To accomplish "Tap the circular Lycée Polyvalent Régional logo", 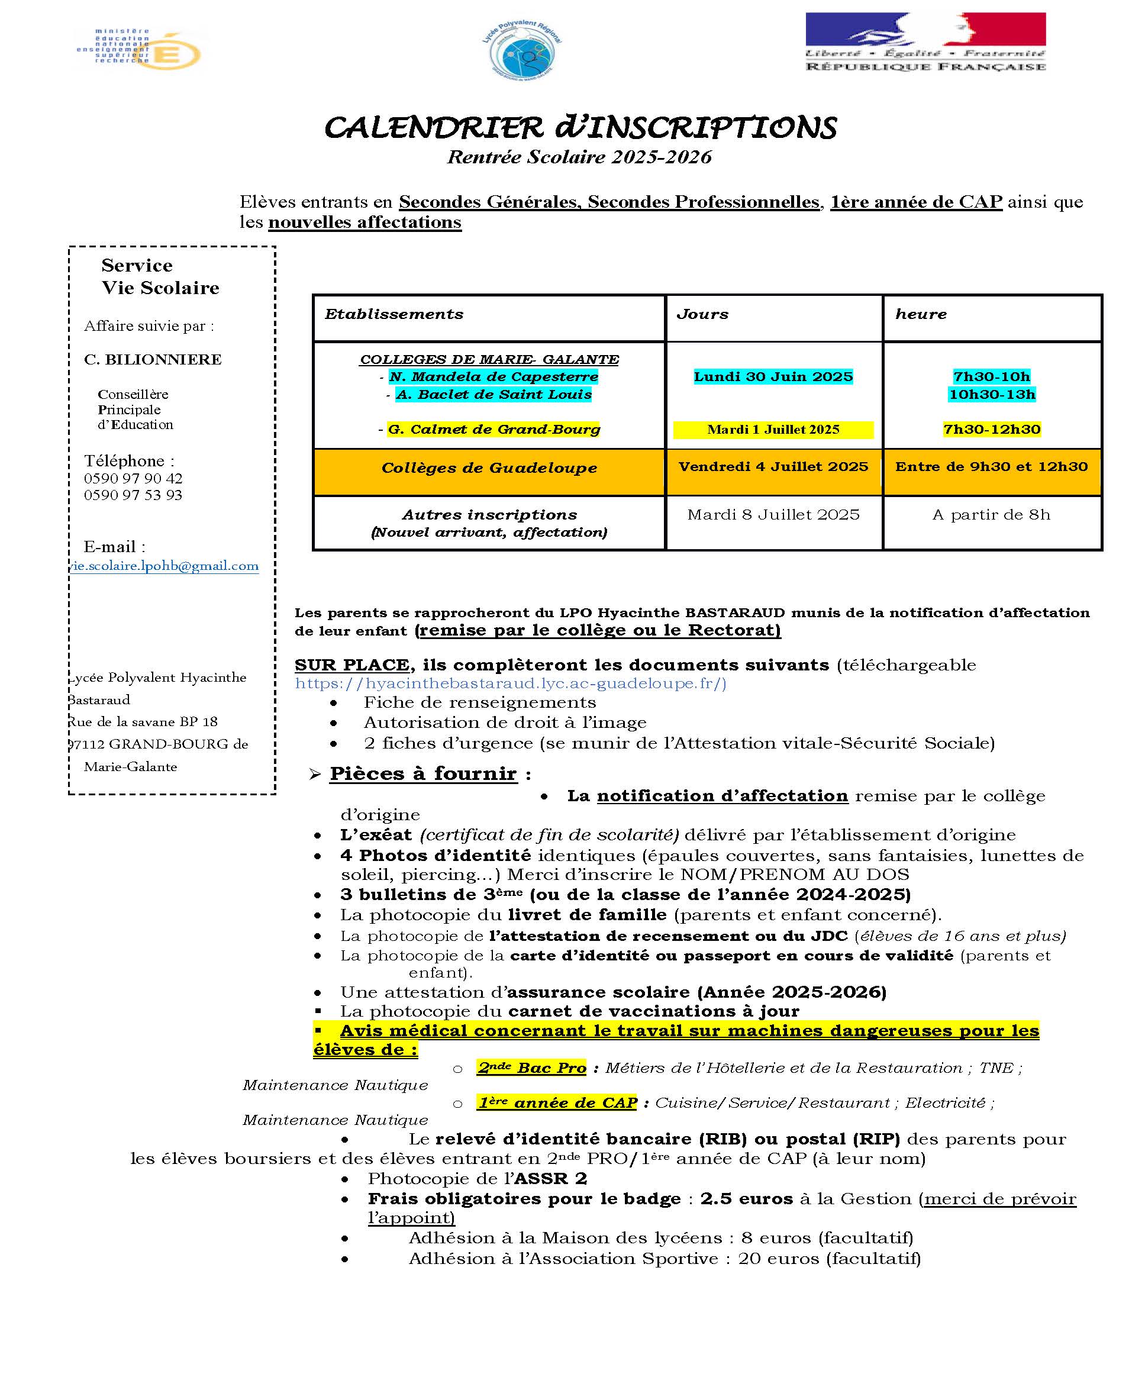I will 521,50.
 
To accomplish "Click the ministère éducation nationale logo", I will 140,48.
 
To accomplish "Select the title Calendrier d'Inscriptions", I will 580,127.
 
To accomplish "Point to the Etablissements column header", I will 394,314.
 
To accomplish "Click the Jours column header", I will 702,314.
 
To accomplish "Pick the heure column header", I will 921,314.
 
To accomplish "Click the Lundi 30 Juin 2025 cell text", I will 773,376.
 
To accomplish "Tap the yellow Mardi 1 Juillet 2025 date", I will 773,430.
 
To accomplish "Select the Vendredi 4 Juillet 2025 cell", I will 773,467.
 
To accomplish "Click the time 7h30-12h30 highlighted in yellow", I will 992,430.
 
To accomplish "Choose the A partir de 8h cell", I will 991,515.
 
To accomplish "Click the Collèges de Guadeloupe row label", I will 489,467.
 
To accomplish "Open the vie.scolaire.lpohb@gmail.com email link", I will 164,566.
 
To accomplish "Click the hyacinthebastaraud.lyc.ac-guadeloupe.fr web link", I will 510,683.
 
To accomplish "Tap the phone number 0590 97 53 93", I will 133,495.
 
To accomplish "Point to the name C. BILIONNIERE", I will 153,359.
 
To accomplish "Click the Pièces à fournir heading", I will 423,774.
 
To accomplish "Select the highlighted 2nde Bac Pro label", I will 531,1068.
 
